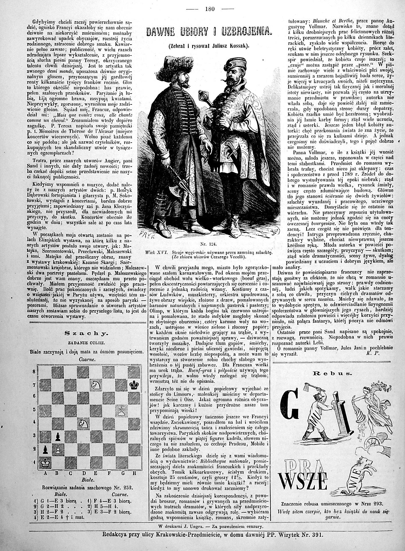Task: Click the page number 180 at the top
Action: click(x=210, y=9)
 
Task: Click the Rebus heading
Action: click(x=338, y=373)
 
